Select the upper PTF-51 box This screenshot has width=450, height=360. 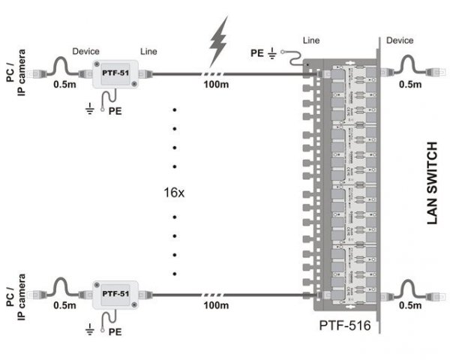pos(114,73)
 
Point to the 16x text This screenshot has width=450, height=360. pos(174,193)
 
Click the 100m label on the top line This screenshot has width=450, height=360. pos(217,87)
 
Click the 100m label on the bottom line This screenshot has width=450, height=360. pos(217,306)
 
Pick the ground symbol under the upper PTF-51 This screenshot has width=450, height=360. pos(91,109)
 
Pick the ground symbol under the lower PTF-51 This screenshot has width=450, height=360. pos(91,328)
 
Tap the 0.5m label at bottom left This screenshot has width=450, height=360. pos(64,305)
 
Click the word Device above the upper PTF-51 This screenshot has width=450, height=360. pos(86,52)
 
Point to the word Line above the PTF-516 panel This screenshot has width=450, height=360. pos(312,39)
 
